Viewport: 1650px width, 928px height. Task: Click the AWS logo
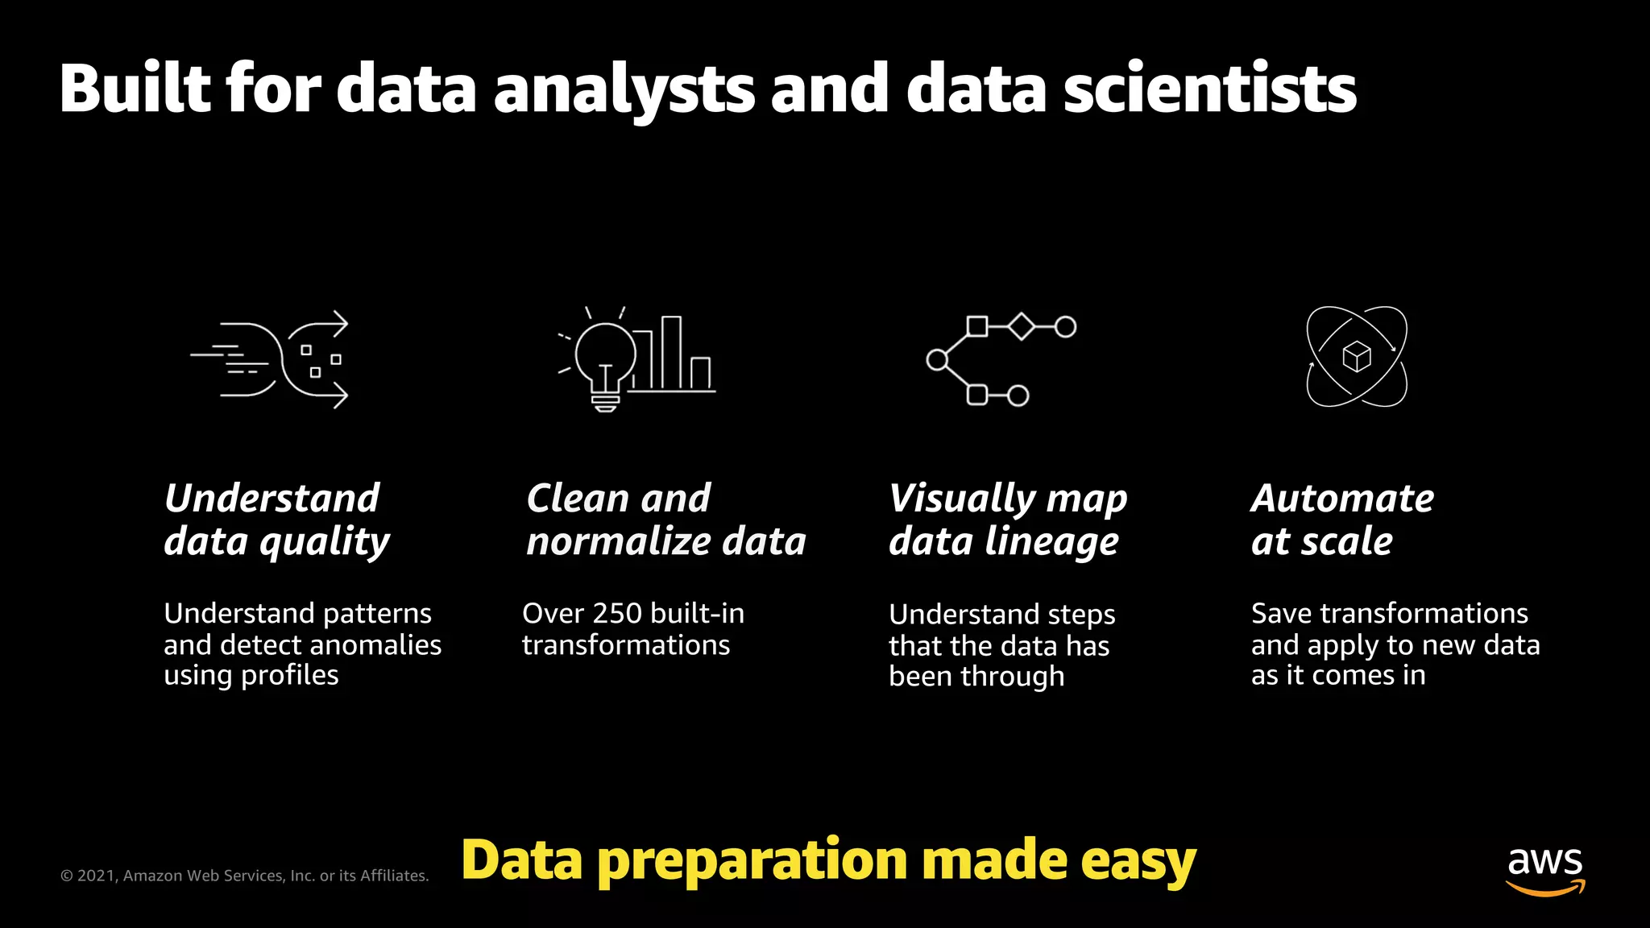point(1544,870)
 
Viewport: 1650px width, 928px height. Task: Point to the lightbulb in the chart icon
point(604,358)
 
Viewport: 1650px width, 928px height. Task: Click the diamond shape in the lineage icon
point(1021,326)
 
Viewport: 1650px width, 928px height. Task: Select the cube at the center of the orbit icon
point(1357,356)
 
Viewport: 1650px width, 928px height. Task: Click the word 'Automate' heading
point(1342,499)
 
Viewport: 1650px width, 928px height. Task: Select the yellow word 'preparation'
point(752,860)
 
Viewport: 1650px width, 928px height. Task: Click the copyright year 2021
point(96,876)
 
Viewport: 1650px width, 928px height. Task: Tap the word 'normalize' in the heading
point(617,541)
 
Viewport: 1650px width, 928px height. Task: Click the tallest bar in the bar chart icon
point(671,352)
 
